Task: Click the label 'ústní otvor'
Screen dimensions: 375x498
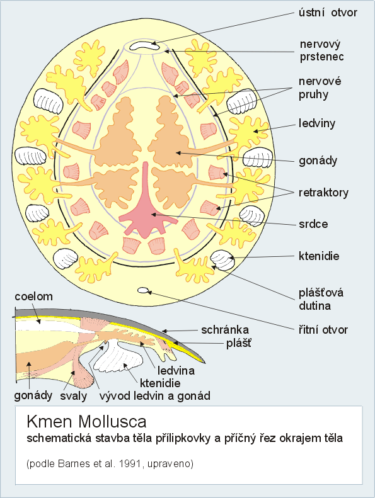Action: point(328,13)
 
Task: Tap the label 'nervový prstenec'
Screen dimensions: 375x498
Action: point(321,50)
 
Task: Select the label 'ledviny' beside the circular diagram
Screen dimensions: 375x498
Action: point(317,123)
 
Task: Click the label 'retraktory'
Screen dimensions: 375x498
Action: point(323,193)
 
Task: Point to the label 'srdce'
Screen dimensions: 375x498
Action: point(313,224)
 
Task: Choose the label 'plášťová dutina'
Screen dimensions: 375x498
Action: point(321,299)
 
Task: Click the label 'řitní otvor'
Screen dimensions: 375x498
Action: point(323,330)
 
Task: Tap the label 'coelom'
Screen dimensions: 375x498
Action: point(33,297)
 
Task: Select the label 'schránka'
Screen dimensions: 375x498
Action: point(225,330)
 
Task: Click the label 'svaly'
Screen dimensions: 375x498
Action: point(74,396)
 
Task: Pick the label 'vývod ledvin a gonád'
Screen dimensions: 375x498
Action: point(155,396)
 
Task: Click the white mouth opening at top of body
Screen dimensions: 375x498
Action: point(144,47)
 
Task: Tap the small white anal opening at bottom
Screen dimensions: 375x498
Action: point(144,290)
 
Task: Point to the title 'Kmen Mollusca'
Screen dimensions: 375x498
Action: point(86,422)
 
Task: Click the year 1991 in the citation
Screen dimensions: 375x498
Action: point(130,464)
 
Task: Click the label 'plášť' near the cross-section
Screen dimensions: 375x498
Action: point(238,343)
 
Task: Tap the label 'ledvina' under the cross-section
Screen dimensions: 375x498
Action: point(176,370)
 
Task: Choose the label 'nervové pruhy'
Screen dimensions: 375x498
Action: point(320,88)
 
